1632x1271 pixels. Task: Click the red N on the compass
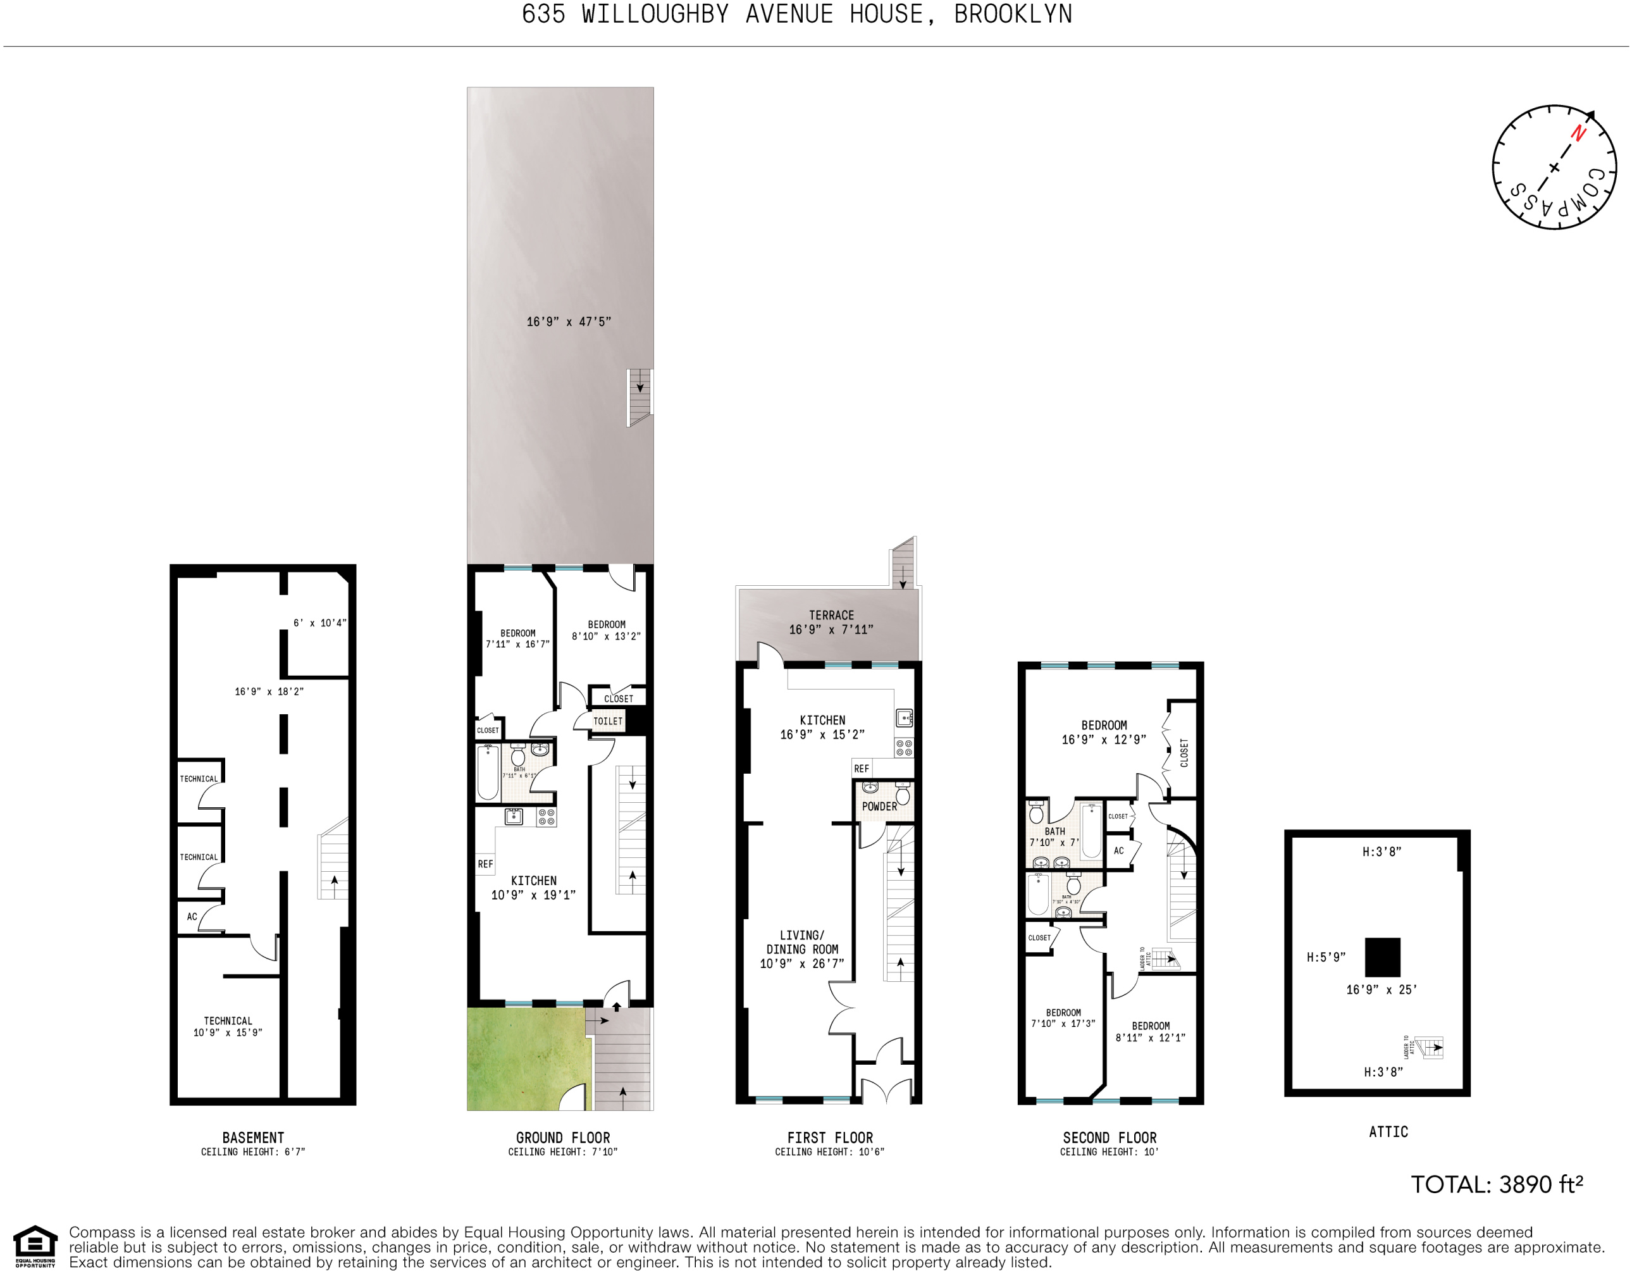pos(1578,133)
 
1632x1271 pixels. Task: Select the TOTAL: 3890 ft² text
pos(1496,1184)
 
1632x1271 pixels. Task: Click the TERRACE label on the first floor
pos(831,615)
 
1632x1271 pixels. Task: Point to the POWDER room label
pos(879,806)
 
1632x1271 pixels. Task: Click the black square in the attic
pos(1382,957)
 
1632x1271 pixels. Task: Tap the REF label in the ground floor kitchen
pos(485,864)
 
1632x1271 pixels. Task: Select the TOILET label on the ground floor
pos(607,721)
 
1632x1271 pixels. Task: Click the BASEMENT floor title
pos(253,1138)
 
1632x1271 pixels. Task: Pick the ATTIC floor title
pos(1388,1132)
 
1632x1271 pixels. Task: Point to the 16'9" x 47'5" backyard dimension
pos(569,322)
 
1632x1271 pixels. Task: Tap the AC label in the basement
pos(192,917)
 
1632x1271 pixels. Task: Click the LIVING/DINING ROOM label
pos(802,949)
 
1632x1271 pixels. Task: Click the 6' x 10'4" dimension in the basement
pos(320,623)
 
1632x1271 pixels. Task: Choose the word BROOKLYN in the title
pos(1013,14)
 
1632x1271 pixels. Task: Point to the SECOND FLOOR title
pos(1109,1138)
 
